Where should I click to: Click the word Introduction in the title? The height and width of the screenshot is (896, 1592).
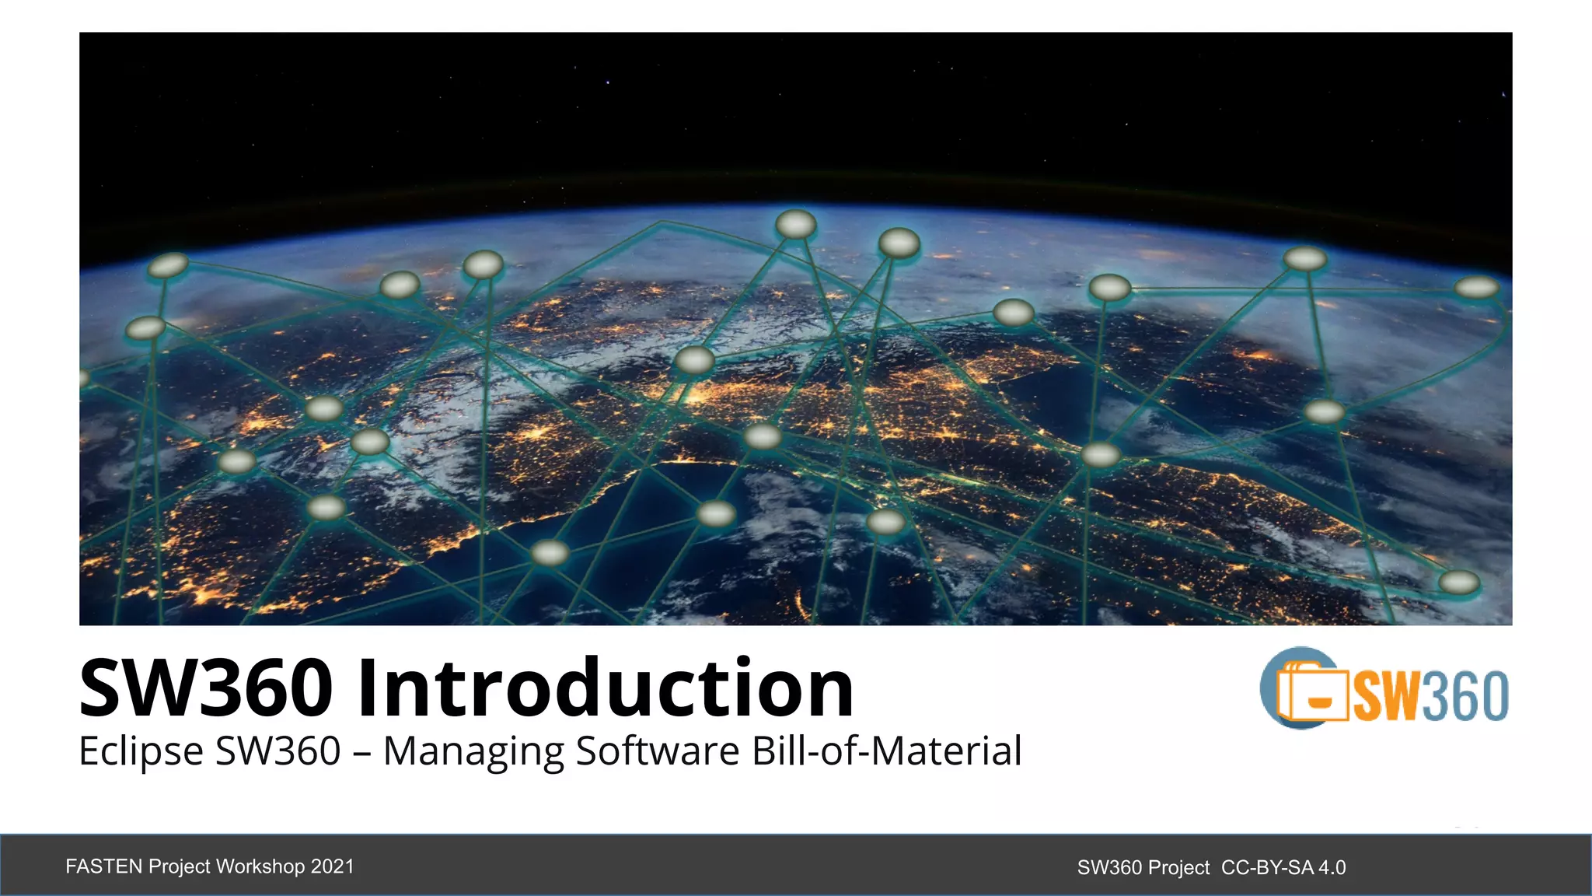[606, 688]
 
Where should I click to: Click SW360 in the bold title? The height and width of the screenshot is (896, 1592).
[206, 688]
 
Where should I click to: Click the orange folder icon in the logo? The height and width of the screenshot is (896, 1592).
[1312, 691]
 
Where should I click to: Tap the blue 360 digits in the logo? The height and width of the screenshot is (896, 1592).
[1466, 695]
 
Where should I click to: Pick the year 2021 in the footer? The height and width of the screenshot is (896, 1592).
[333, 866]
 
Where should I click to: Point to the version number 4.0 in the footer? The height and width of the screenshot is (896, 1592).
[1332, 867]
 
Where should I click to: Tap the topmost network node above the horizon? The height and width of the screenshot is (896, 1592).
[796, 225]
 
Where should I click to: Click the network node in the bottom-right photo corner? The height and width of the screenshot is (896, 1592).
[1459, 582]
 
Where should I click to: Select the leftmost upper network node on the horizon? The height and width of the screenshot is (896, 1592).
[168, 265]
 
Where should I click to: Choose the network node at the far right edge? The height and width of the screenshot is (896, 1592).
[1477, 288]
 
